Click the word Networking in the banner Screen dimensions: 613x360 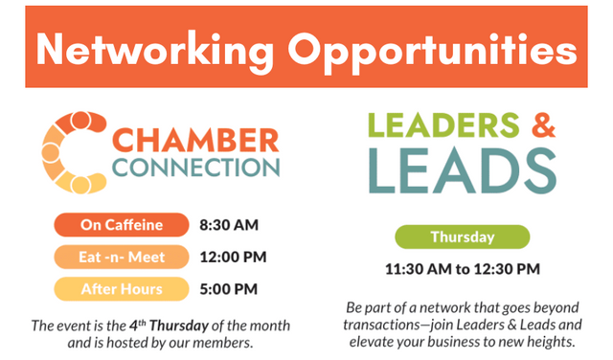[154, 51]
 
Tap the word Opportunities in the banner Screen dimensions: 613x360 [432, 51]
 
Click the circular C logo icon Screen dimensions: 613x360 [75, 152]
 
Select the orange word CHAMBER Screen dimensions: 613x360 [195, 141]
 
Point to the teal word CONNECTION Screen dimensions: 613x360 [195, 169]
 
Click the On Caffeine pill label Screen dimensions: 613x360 [122, 225]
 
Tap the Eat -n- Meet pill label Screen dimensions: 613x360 [122, 257]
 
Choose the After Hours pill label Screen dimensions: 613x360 [122, 289]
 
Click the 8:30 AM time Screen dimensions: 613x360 [229, 225]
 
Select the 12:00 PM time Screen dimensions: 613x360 [234, 258]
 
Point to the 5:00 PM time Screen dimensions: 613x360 [229, 289]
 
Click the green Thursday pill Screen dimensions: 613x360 [463, 236]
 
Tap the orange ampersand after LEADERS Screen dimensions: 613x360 [543, 125]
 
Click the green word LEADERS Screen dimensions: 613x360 [444, 125]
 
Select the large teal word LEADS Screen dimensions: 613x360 [463, 170]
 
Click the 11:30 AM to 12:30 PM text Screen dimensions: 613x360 [463, 269]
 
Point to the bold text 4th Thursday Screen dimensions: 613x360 [170, 326]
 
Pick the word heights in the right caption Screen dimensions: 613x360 [552, 342]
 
